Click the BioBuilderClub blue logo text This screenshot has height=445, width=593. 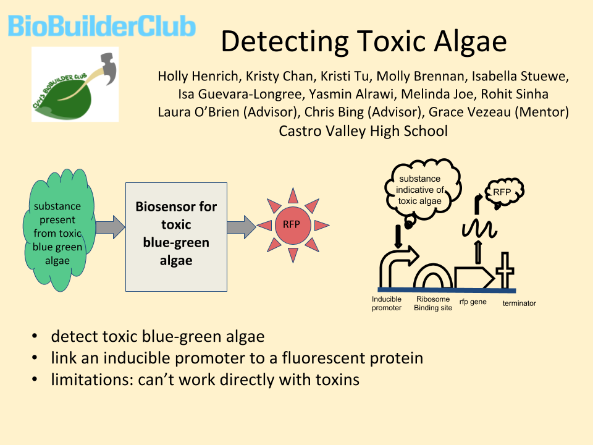click(102, 26)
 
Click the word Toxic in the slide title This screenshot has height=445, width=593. click(392, 41)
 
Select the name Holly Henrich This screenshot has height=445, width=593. click(199, 77)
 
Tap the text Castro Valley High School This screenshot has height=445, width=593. click(363, 131)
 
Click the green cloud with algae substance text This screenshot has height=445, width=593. click(58, 230)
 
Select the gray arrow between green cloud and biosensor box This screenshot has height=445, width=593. click(110, 227)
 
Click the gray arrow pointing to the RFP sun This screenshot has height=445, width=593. click(242, 227)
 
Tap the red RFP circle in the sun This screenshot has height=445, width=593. click(293, 225)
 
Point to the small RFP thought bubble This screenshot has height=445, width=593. click(503, 193)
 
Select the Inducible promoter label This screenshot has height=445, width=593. click(387, 303)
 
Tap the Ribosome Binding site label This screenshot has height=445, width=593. click(433, 303)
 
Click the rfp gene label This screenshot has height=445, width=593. click(473, 302)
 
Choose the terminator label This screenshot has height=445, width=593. click(519, 303)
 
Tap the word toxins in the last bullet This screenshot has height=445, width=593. click(337, 379)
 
